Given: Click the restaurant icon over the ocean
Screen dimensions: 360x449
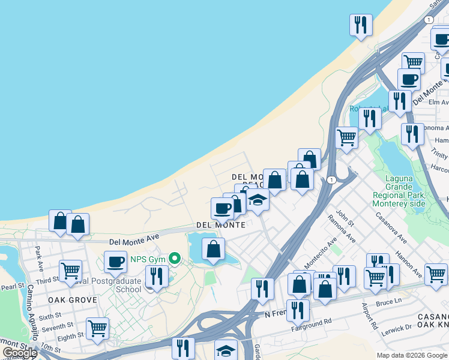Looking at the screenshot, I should pyautogui.click(x=361, y=25).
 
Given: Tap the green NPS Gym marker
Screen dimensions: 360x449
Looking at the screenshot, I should pyautogui.click(x=175, y=259).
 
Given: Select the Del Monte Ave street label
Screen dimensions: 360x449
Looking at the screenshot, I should pyautogui.click(x=134, y=239).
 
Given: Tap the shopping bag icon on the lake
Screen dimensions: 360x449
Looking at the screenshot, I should pyautogui.click(x=214, y=249).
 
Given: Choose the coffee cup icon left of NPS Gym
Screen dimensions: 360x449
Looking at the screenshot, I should pyautogui.click(x=115, y=262).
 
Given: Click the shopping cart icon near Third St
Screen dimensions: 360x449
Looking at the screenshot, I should pyautogui.click(x=70, y=271).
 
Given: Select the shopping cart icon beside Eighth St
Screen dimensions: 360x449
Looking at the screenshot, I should pyautogui.click(x=97, y=328).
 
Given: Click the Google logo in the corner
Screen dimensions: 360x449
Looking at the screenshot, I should pyautogui.click(x=19, y=353).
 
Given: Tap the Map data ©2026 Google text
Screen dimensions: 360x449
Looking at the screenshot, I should pyautogui.click(x=412, y=355).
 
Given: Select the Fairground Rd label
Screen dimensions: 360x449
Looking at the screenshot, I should pyautogui.click(x=312, y=322).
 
